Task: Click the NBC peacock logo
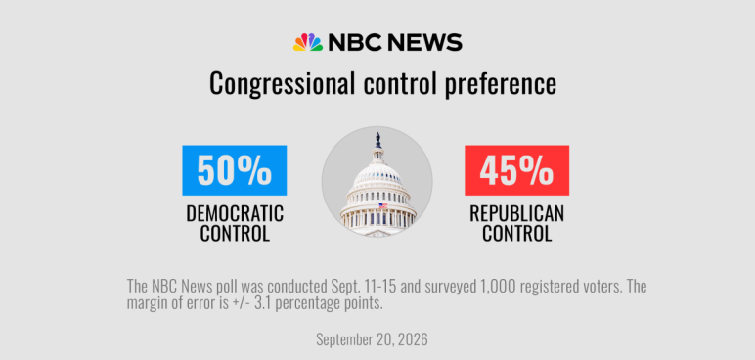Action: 308,42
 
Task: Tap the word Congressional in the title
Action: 283,84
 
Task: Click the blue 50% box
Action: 235,170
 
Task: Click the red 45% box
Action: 516,170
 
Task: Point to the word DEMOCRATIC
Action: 235,213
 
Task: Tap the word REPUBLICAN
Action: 516,213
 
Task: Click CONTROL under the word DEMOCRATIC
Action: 235,233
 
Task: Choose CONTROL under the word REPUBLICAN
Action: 516,233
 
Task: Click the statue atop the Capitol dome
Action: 377,140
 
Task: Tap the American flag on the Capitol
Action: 382,205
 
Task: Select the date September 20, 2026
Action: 372,339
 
